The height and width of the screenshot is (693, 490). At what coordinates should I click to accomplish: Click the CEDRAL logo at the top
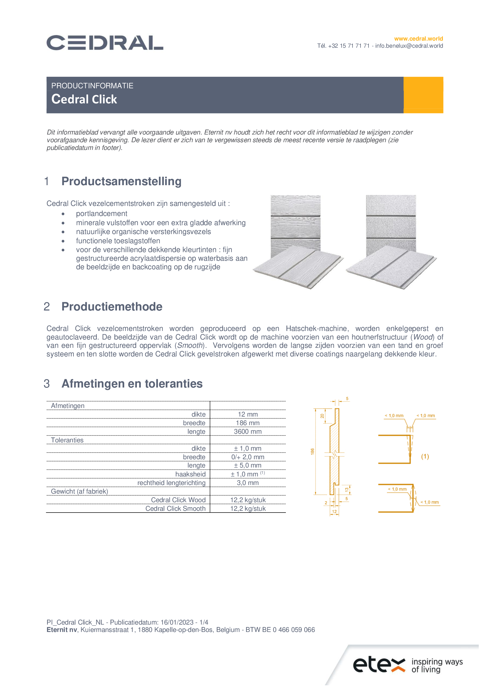pos(105,43)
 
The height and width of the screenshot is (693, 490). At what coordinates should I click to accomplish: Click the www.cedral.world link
pos(418,39)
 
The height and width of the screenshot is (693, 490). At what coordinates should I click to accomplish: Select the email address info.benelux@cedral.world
pos(409,46)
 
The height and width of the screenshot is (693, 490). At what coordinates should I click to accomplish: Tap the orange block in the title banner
pos(423,95)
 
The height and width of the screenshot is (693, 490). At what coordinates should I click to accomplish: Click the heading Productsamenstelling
pos(121,181)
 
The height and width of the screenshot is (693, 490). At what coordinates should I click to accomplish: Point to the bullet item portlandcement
pos(101,214)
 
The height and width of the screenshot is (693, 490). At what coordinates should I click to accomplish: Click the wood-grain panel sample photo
pos(297,241)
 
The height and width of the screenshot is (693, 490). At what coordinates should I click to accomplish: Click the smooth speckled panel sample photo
pos(391,241)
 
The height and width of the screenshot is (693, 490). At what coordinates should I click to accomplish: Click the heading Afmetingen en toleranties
pos(132,384)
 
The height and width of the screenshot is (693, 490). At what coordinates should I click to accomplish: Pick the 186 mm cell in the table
pos(248,423)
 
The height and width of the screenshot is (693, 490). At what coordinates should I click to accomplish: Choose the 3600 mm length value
pos(248,432)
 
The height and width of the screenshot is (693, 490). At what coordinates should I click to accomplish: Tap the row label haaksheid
pos(190,474)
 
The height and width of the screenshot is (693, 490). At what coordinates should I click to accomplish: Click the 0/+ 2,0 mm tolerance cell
pos(248,457)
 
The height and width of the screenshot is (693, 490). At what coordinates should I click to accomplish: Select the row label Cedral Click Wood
pos(178,500)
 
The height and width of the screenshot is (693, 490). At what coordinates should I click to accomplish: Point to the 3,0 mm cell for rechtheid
pos(248,483)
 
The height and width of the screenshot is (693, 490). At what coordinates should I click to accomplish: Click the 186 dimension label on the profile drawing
pos(312,452)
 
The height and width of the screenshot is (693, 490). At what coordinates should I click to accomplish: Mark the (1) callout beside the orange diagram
pos(425,456)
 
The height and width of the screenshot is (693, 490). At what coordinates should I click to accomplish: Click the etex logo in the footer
pos(379,665)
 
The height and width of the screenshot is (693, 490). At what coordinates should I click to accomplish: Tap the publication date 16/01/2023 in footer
pos(177,622)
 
